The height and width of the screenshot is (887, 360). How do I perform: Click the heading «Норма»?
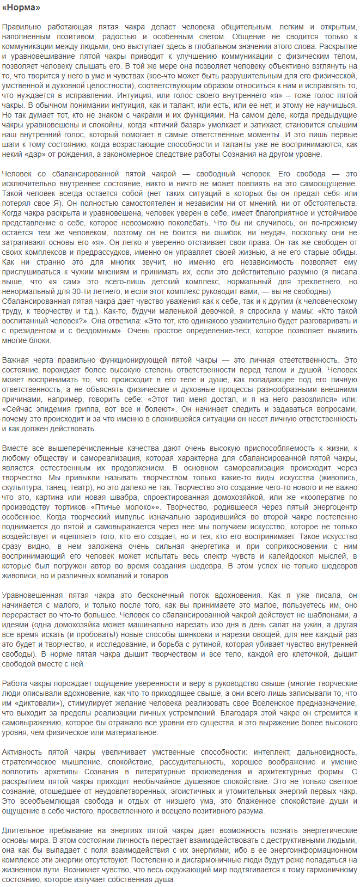click(x=21, y=8)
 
